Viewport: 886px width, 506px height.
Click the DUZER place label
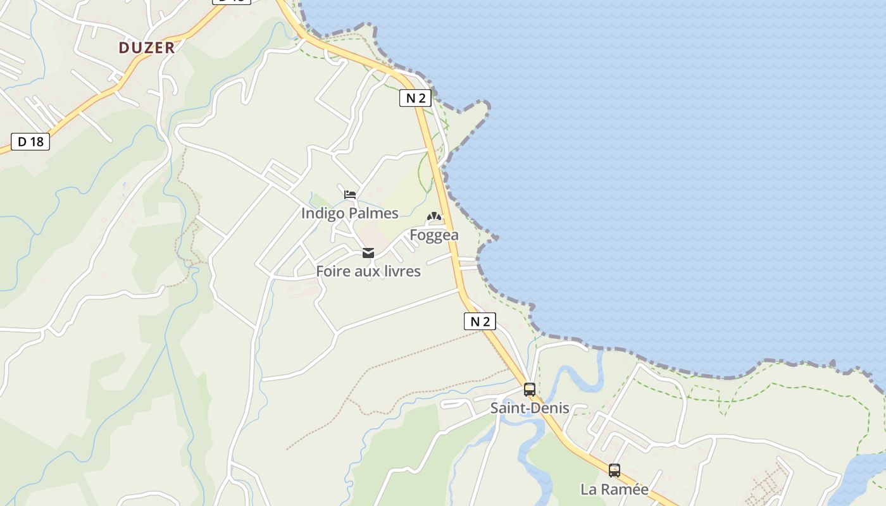click(146, 47)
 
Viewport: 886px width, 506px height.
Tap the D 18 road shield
click(30, 142)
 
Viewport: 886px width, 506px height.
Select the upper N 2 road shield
click(415, 98)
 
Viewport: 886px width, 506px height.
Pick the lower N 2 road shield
click(480, 321)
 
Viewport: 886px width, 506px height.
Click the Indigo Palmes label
click(349, 213)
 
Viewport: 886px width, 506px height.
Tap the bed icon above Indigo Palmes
click(350, 195)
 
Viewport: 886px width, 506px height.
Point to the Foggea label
click(434, 235)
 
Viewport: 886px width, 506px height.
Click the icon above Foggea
click(434, 217)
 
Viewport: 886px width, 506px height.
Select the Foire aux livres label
click(368, 271)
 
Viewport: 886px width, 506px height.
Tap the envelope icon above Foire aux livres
click(368, 254)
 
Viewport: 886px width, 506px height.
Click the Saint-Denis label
click(530, 409)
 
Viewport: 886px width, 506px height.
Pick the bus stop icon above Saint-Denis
click(530, 390)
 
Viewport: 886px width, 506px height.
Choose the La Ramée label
click(615, 490)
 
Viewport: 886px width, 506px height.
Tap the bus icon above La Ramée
click(615, 471)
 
